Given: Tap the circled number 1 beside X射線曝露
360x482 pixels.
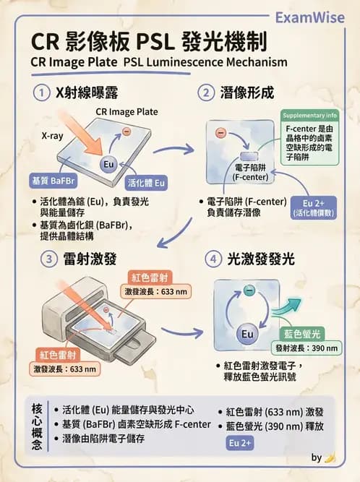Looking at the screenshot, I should pyautogui.click(x=41, y=92).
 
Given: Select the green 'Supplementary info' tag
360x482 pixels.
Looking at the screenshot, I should pyautogui.click(x=309, y=116).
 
